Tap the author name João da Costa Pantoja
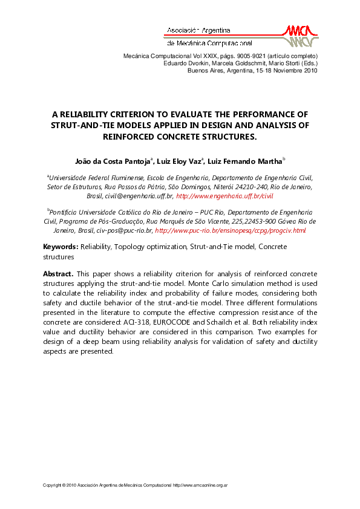113,161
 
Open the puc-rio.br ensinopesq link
231,230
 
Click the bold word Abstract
57,274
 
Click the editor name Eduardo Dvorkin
185,63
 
